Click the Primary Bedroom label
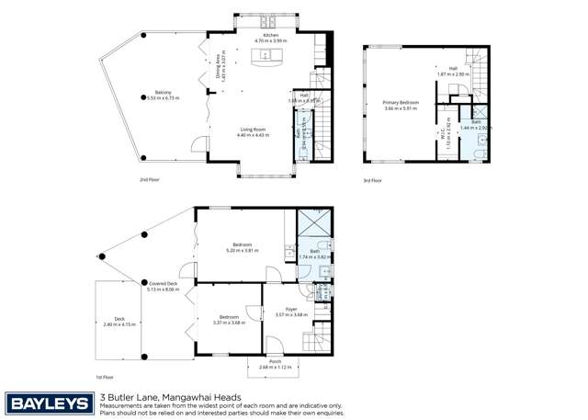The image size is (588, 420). (401, 105)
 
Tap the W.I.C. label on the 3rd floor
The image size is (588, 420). (442, 133)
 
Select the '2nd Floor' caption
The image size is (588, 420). (150, 179)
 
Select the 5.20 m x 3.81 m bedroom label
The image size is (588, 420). (242, 247)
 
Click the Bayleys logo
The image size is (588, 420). (50, 403)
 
